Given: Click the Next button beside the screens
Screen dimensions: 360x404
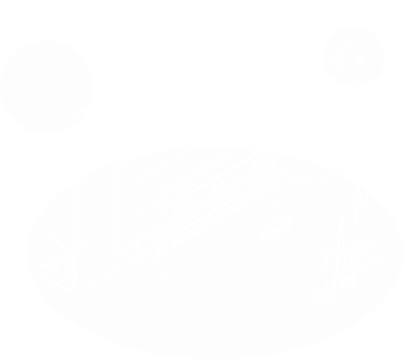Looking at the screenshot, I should tap(274, 232).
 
